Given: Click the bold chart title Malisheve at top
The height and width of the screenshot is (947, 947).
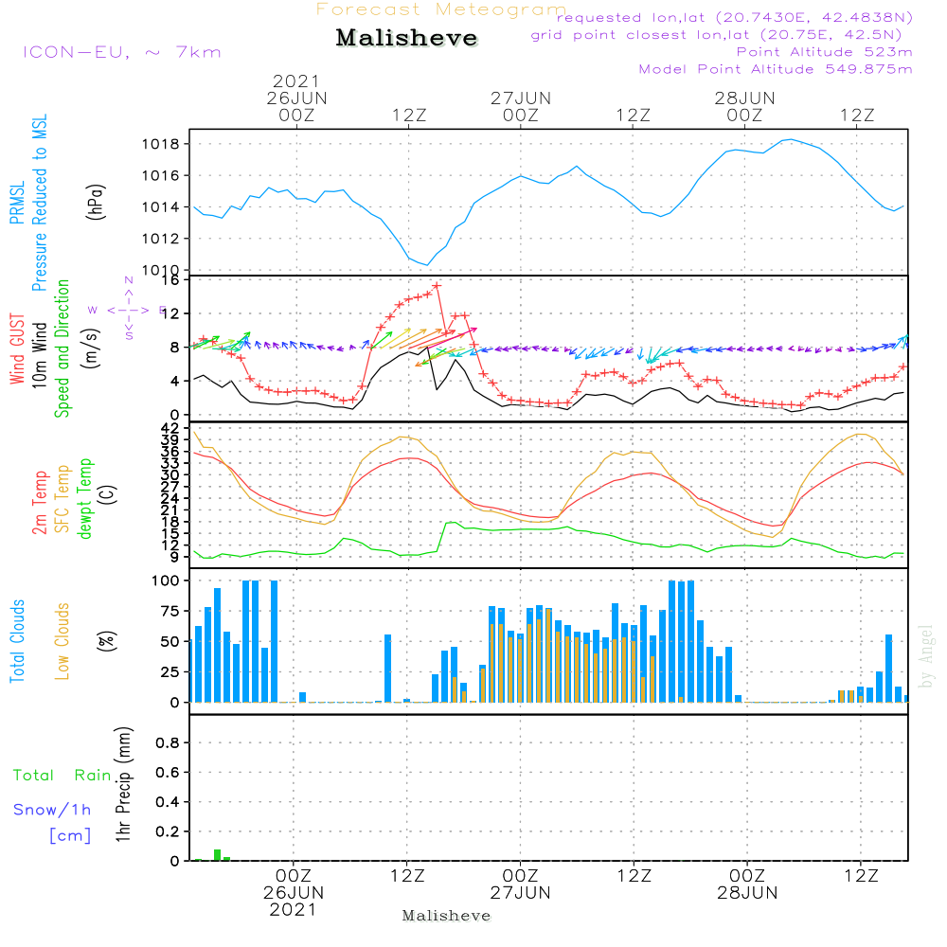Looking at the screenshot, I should point(406,39).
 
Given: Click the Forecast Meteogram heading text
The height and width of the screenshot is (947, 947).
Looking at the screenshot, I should point(440,10).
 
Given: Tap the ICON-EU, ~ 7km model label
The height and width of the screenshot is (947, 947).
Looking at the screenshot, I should point(121,51).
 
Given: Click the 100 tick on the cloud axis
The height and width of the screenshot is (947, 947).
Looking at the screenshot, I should point(167,581).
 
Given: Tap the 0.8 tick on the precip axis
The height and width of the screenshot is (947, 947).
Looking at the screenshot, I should point(168,742).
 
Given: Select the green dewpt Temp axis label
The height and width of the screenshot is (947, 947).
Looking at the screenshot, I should point(86,499).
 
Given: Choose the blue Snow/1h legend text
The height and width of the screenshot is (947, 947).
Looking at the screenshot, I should point(52,810).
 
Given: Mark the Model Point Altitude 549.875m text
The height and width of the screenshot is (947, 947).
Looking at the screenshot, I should point(776,69).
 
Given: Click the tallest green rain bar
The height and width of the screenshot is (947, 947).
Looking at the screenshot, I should point(217,854).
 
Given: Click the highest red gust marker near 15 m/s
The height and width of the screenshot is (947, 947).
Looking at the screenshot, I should point(437,285).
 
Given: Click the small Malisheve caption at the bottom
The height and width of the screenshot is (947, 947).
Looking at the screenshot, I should point(446,916).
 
